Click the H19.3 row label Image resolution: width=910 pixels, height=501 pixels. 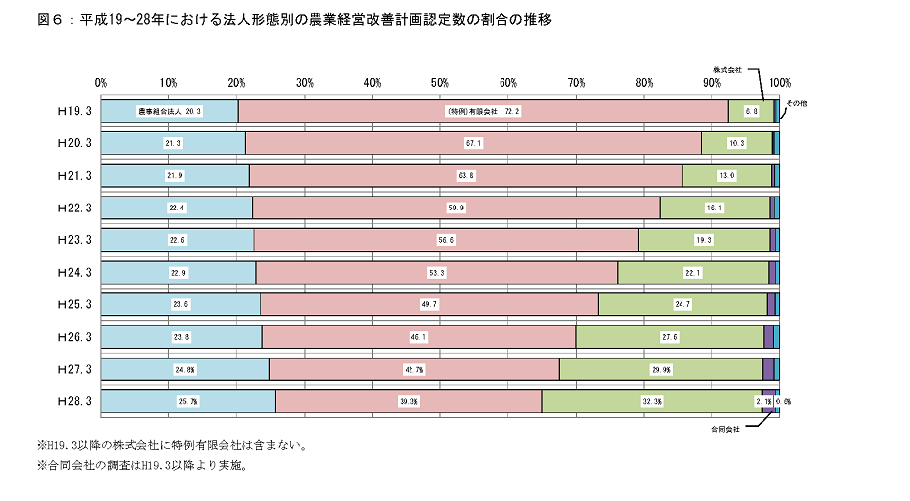[75, 111]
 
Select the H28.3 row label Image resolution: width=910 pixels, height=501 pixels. [75, 401]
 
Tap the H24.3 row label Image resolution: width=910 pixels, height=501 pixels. [75, 273]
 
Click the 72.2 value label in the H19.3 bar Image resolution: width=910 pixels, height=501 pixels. [483, 111]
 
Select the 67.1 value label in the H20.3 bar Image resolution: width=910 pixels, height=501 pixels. [474, 143]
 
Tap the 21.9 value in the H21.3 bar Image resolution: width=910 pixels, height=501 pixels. [175, 176]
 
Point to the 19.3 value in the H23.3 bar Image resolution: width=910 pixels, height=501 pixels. [703, 240]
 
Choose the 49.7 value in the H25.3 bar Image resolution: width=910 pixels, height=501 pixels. [429, 304]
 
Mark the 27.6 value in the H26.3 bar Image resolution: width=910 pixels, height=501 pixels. [669, 337]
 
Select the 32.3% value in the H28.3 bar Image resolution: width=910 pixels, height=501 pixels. [652, 401]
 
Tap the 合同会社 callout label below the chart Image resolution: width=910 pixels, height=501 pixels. [726, 430]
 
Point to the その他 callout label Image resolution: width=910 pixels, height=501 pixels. [796, 103]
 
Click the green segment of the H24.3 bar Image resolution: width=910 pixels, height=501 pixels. [692, 273]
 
